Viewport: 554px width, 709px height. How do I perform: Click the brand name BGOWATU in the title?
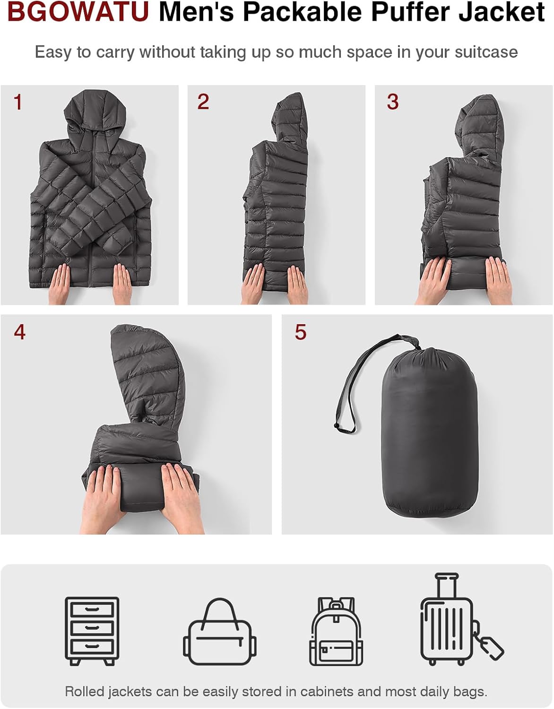pyautogui.click(x=78, y=12)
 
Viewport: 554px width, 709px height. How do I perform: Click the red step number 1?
pyautogui.click(x=18, y=102)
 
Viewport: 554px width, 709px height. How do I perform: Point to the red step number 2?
pyautogui.click(x=203, y=102)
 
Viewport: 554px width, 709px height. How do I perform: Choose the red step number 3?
pyautogui.click(x=392, y=102)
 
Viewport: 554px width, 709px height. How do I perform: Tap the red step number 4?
pyautogui.click(x=19, y=332)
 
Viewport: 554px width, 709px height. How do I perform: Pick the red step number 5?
pyautogui.click(x=301, y=332)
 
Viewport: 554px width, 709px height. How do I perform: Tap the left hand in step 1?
pyautogui.click(x=59, y=283)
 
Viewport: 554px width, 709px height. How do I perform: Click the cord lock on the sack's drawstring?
pyautogui.click(x=337, y=427)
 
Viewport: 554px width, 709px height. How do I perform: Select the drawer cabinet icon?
pyautogui.click(x=92, y=631)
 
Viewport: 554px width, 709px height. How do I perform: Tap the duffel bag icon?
pyautogui.click(x=219, y=633)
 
